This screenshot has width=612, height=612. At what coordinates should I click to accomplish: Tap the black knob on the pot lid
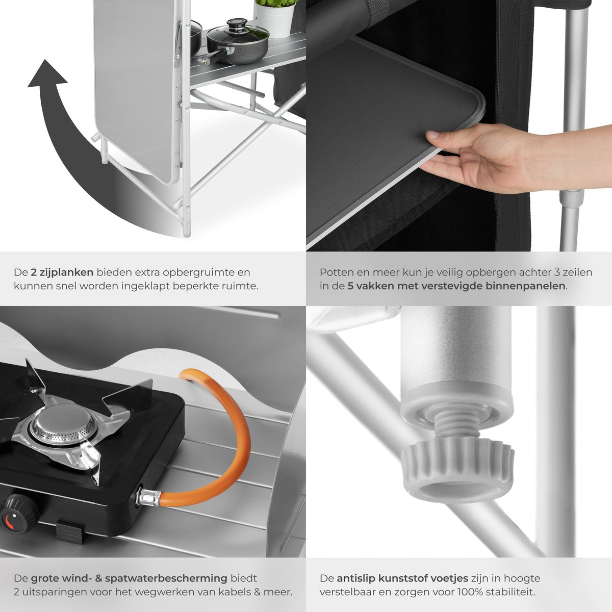point(237,23)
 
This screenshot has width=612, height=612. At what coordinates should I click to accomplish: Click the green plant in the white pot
point(276,4)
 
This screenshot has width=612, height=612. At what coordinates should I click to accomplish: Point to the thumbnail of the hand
point(432,135)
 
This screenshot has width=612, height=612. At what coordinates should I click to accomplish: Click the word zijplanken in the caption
point(62,272)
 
